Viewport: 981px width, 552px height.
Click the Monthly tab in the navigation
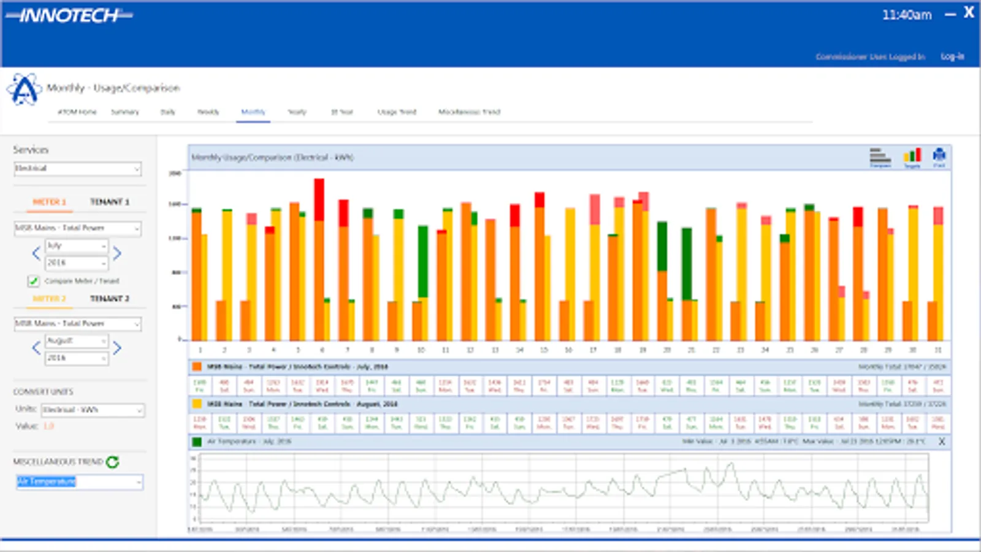point(253,112)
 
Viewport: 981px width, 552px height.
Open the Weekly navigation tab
point(208,112)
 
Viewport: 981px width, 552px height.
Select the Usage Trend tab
point(397,112)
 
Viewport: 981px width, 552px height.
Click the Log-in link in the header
point(952,56)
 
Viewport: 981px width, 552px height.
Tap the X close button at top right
point(969,13)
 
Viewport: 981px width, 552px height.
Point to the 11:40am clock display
point(906,15)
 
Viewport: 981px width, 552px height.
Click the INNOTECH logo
point(69,16)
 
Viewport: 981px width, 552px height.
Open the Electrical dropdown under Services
point(77,169)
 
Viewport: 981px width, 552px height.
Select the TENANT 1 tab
point(110,202)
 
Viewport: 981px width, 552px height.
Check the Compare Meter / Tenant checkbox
point(33,281)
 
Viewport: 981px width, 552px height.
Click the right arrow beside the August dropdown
point(117,348)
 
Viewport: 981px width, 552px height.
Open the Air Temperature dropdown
point(79,482)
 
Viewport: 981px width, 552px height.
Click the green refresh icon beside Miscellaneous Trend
point(112,462)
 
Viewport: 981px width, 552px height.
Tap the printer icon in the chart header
point(939,156)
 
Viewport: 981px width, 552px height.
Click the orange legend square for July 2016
point(197,367)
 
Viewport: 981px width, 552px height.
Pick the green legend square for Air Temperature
point(197,442)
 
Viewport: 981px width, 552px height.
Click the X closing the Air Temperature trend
point(942,442)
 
